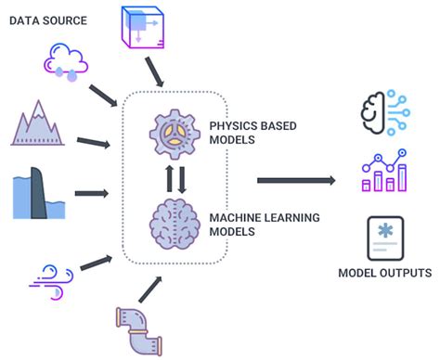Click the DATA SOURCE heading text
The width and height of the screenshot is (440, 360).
[x=49, y=19]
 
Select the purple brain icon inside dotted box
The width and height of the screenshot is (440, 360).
[x=175, y=225]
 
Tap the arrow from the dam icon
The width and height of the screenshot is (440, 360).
[x=89, y=193]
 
